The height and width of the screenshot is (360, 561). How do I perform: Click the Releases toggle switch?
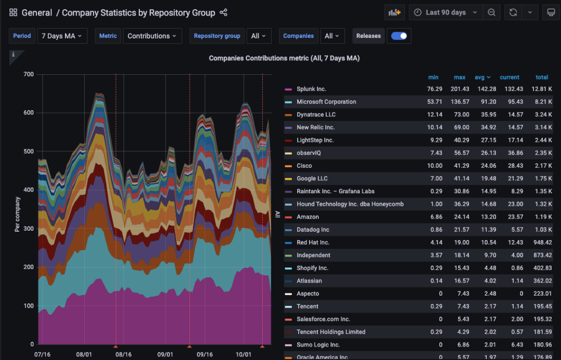coord(399,36)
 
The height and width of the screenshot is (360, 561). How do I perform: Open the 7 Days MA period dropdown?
coord(62,36)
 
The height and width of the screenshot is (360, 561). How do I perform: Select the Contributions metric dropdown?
coord(152,36)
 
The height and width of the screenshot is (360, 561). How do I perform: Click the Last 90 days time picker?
coord(445,12)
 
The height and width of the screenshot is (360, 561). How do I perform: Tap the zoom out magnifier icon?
coord(491,12)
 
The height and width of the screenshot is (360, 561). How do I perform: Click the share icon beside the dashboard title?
coord(223,12)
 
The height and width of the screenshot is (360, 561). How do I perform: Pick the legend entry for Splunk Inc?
coord(311,89)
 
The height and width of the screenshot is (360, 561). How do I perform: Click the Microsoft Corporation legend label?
coord(326,102)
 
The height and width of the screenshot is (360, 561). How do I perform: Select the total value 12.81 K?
coord(542,89)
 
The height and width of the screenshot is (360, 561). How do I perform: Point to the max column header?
coord(459,77)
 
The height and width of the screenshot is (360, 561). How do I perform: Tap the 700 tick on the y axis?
coord(29,74)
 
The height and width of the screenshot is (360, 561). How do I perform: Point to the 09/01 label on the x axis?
coord(165,354)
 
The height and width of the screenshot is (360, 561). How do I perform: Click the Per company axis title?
coord(17,214)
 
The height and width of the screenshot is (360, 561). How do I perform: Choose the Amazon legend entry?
coord(308,217)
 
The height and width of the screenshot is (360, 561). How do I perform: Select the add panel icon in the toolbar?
coord(395,12)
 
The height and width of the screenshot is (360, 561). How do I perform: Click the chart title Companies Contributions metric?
coord(284,58)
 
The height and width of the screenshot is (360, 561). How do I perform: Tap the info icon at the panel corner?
coord(14,55)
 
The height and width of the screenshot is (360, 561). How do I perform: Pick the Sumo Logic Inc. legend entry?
coord(318,344)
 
